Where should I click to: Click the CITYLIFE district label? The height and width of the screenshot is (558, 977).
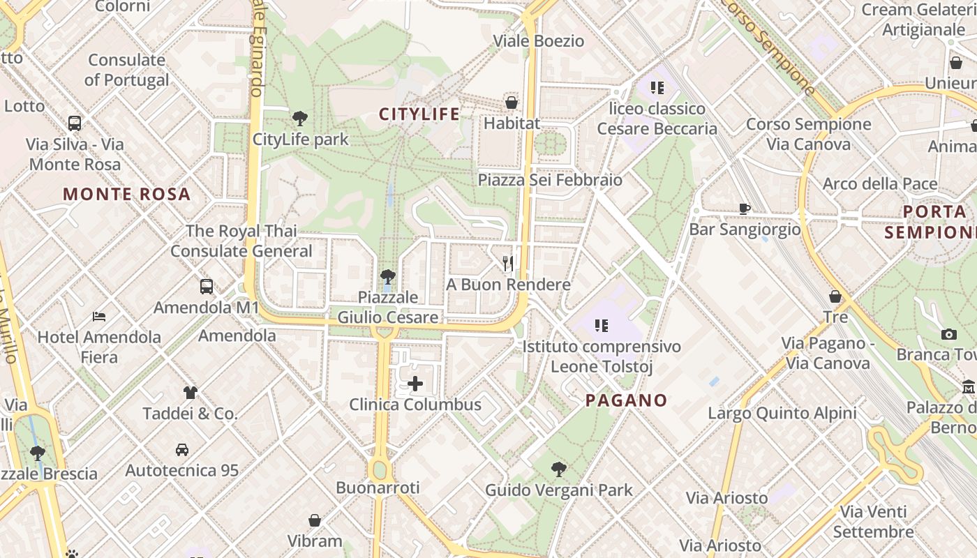click(x=419, y=114)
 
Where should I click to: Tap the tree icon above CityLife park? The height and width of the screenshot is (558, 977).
click(x=300, y=118)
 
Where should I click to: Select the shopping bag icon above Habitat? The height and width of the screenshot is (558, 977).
click(x=512, y=103)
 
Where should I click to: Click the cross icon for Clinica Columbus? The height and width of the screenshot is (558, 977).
click(x=415, y=383)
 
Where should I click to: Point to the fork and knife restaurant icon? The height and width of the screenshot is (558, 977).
click(x=508, y=263)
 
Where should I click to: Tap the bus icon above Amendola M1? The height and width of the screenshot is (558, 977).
click(x=207, y=286)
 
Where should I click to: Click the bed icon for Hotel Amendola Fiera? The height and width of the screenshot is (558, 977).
click(x=99, y=316)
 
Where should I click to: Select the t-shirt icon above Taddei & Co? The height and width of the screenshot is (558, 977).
click(x=191, y=392)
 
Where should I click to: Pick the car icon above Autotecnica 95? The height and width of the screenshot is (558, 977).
click(x=182, y=449)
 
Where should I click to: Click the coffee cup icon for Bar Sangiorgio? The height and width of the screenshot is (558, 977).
click(x=745, y=208)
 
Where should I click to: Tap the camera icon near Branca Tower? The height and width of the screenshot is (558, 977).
click(x=948, y=334)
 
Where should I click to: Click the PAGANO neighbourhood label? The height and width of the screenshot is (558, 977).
click(x=626, y=400)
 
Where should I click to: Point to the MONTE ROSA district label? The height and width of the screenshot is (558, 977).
click(x=127, y=194)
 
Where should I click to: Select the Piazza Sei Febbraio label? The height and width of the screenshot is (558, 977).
click(x=550, y=180)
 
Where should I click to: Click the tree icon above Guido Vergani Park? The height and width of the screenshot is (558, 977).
click(x=558, y=469)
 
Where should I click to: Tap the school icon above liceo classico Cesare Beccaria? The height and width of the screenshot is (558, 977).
click(x=657, y=87)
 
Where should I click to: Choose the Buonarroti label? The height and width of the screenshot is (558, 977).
click(x=378, y=488)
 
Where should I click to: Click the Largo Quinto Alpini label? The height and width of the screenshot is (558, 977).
click(x=782, y=413)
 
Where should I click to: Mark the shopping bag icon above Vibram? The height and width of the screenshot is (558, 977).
click(x=315, y=520)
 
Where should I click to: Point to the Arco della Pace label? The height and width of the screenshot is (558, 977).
click(x=880, y=183)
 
